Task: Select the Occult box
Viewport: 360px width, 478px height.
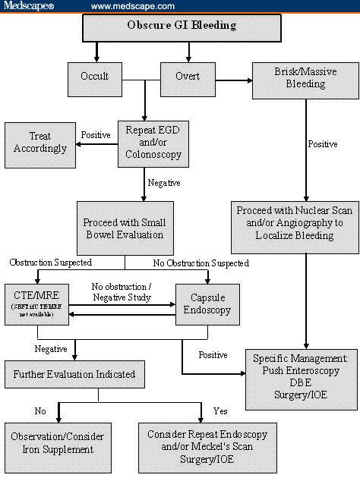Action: pos(95,76)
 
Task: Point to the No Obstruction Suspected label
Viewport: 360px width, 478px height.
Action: pos(201,263)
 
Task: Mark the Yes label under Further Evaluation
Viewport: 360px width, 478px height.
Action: pos(220,410)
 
